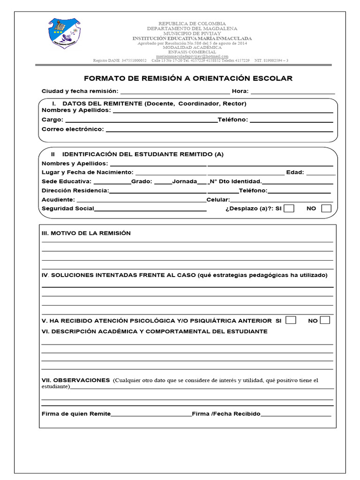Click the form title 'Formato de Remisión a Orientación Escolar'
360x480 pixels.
187,78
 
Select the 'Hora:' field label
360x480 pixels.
240,91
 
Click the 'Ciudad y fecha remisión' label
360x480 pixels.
80,91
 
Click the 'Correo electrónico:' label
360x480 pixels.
73,129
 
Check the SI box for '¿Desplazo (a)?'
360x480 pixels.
289,209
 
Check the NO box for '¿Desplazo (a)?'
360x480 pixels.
326,209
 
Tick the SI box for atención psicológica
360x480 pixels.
291,321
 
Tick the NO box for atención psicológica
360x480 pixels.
325,321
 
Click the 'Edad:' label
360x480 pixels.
295,172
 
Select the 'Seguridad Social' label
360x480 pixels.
68,209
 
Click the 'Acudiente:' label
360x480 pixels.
58,200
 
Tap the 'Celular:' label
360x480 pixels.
217,200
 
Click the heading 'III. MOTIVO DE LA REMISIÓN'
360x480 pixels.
86,233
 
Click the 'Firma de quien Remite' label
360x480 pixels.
76,414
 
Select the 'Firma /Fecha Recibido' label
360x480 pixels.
226,414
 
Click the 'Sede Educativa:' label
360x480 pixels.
67,181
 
